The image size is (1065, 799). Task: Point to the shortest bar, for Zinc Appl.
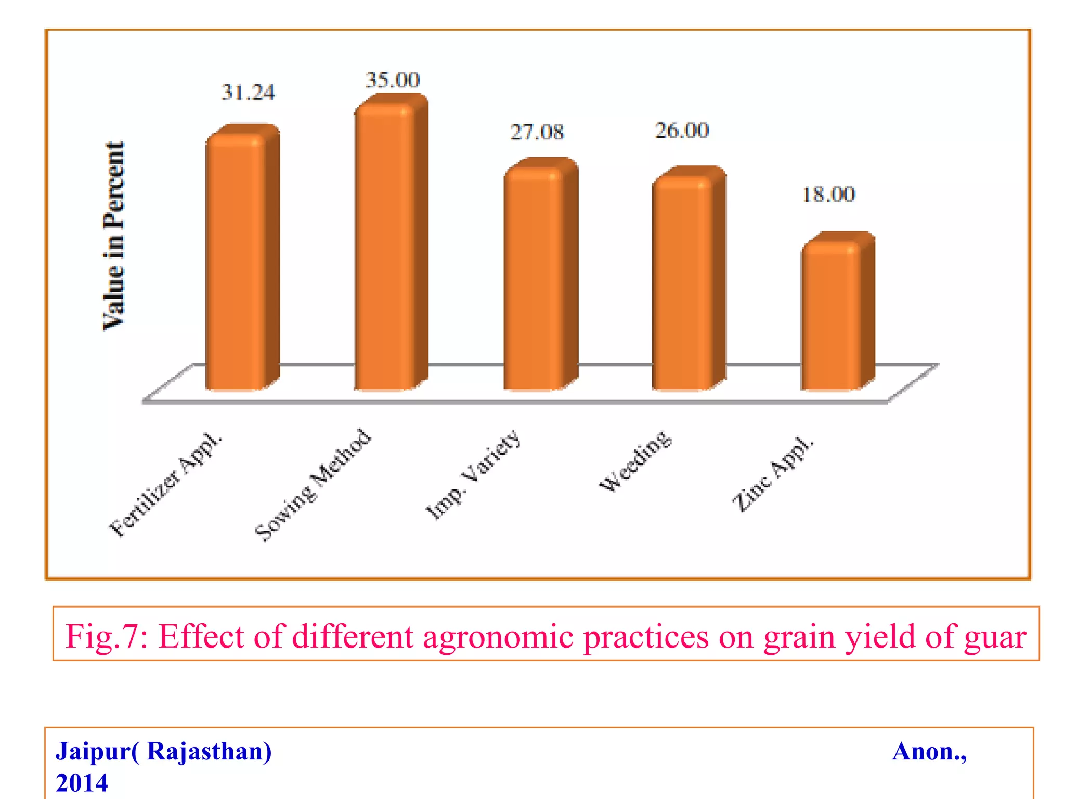pyautogui.click(x=831, y=317)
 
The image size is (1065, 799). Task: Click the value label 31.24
pyautogui.click(x=248, y=93)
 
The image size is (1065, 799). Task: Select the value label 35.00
pyautogui.click(x=393, y=80)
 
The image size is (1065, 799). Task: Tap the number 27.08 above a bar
pyautogui.click(x=537, y=132)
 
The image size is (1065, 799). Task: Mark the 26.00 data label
pyautogui.click(x=682, y=131)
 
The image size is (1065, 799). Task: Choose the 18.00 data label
pyautogui.click(x=828, y=195)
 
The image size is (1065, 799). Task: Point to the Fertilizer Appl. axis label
pyautogui.click(x=165, y=485)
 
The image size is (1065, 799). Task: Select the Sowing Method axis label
pyautogui.click(x=314, y=485)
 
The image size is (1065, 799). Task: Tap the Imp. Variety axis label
pyautogui.click(x=473, y=474)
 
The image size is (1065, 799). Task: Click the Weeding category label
pyautogui.click(x=635, y=461)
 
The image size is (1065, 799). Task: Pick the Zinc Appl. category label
pyautogui.click(x=772, y=474)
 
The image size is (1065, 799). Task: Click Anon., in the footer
pyautogui.click(x=929, y=752)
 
